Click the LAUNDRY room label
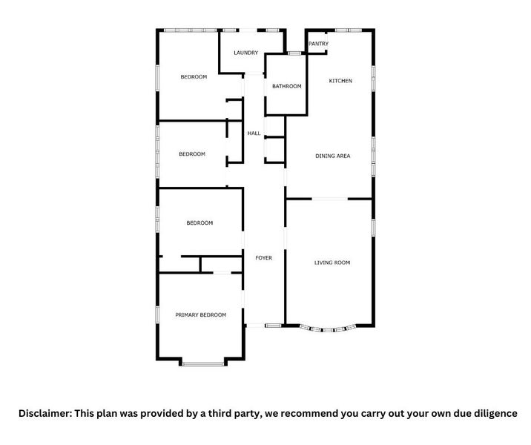tap(245, 53)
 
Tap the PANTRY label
tap(318, 44)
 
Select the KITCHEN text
tap(340, 81)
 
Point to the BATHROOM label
tap(286, 87)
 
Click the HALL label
tap(254, 133)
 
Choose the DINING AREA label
tap(332, 156)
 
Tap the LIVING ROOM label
tap(332, 263)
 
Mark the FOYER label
tap(263, 258)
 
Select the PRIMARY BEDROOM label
tap(200, 315)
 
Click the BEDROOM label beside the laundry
tap(194, 77)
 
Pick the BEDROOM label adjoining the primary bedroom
tap(199, 223)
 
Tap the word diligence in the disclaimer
tap(493, 413)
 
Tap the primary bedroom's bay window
tap(203, 363)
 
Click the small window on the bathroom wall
tap(294, 53)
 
